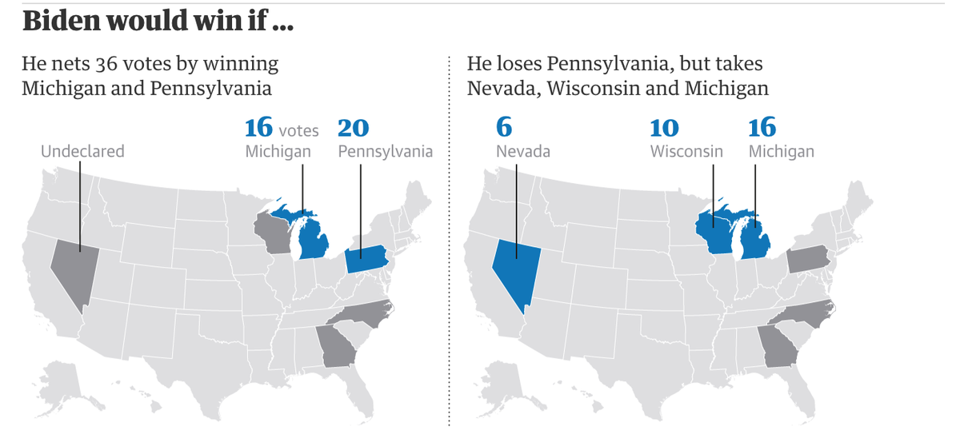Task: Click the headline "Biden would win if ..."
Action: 158,22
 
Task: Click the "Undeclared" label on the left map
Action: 82,151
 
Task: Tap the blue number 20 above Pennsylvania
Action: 353,129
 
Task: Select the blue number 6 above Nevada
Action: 504,129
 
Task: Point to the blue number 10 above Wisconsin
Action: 664,129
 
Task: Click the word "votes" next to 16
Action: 299,129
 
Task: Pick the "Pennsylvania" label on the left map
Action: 385,151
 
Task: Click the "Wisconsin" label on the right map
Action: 686,151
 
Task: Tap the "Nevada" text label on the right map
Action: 522,151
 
